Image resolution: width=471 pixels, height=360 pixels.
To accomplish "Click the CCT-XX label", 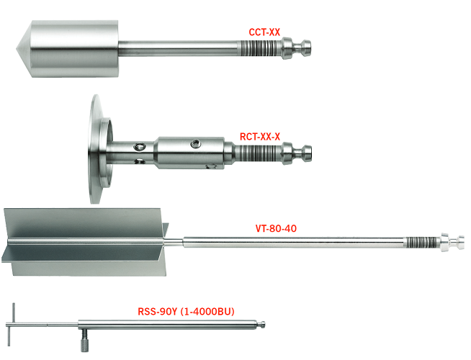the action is pyautogui.click(x=264, y=32).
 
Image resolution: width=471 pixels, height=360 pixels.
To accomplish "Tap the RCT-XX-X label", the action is pyautogui.click(x=260, y=137).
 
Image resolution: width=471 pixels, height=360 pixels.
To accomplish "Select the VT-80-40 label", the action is pyautogui.click(x=276, y=228).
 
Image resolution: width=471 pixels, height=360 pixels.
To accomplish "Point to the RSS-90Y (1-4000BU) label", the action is pyautogui.click(x=186, y=311).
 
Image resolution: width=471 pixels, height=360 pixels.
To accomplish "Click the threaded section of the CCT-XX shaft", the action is pyautogui.click(x=260, y=48).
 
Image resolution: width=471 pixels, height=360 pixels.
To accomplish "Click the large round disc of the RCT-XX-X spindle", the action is pyautogui.click(x=96, y=149).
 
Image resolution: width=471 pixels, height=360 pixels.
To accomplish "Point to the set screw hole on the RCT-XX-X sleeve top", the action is pyautogui.click(x=196, y=144).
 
